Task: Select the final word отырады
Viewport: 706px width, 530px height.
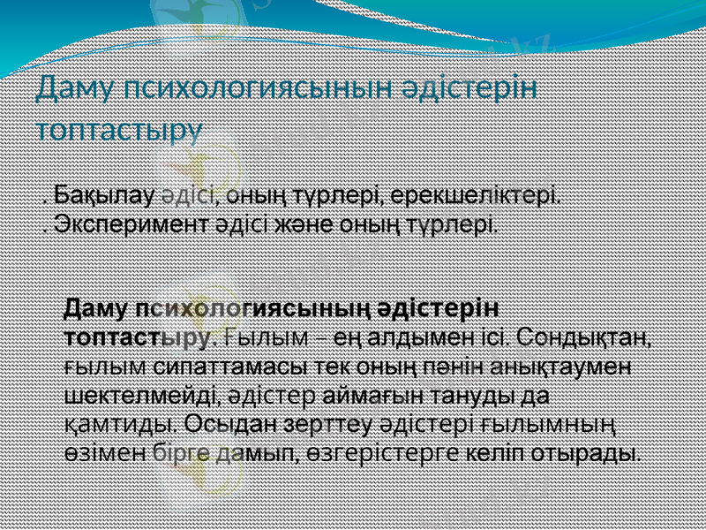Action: [x=597, y=453]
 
